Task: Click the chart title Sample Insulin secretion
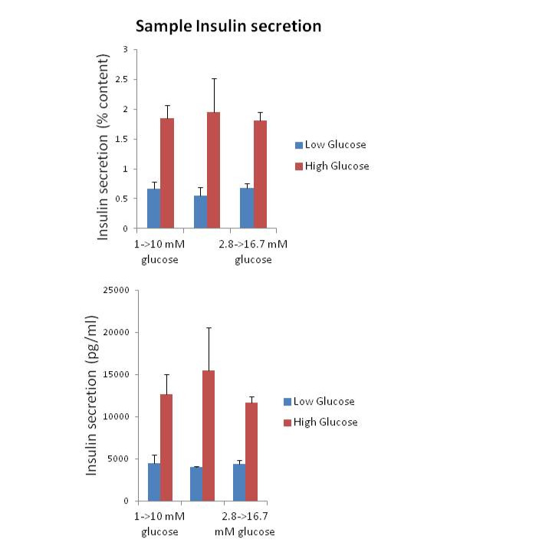pyautogui.click(x=228, y=27)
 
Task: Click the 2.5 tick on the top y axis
pyautogui.click(x=121, y=79)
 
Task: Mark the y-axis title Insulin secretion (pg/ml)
pyautogui.click(x=91, y=396)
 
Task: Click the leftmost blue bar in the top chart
pyautogui.click(x=153, y=209)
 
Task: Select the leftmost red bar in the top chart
pyautogui.click(x=166, y=173)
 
